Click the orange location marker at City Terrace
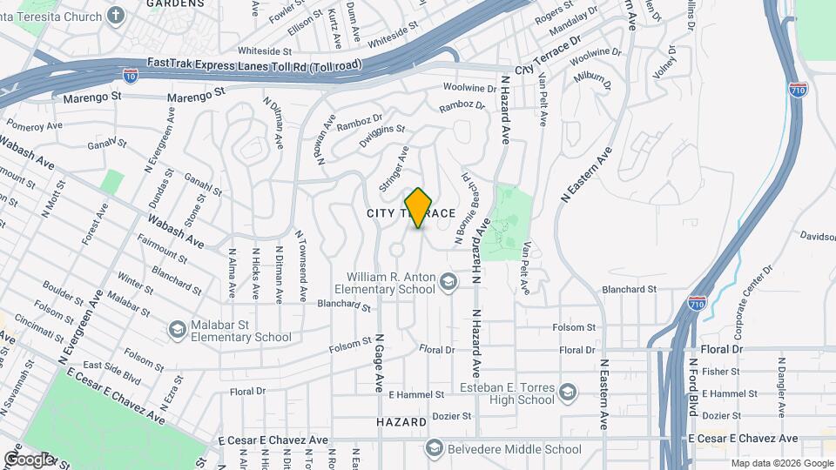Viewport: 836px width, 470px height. click(x=419, y=207)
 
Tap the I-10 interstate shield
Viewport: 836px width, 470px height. click(x=131, y=77)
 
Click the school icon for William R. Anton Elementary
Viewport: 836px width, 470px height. click(x=448, y=281)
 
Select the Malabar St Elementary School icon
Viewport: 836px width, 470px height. click(x=178, y=330)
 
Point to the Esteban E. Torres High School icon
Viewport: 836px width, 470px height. click(x=569, y=393)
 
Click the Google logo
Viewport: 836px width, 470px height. click(x=28, y=460)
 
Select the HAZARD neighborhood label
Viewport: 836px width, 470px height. click(x=401, y=422)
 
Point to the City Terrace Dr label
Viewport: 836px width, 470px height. click(x=549, y=57)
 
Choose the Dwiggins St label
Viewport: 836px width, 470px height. click(x=382, y=134)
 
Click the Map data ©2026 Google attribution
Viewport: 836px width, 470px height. click(x=781, y=463)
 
